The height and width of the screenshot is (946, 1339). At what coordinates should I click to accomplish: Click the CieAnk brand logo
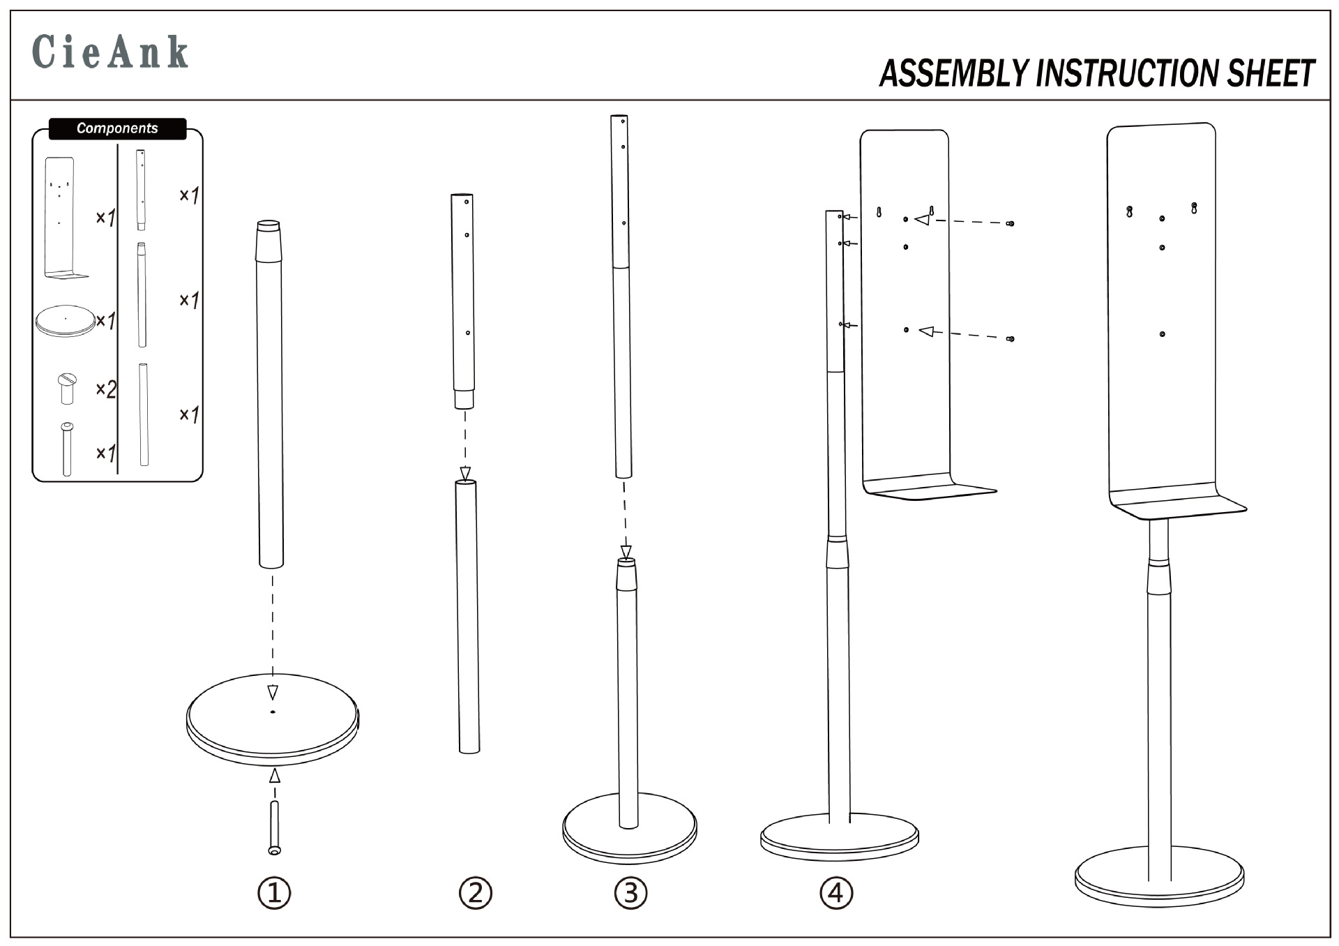click(110, 52)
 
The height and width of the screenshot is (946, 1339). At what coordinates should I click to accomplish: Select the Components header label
click(117, 128)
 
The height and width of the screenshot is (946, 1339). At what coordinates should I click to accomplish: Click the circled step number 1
click(274, 892)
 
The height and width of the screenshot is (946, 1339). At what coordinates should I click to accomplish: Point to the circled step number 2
click(476, 892)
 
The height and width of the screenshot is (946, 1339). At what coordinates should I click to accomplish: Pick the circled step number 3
click(630, 892)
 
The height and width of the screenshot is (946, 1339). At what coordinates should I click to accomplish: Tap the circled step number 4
click(836, 892)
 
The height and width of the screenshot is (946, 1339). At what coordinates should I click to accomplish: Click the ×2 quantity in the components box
click(105, 389)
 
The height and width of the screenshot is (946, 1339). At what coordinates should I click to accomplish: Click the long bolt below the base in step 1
click(274, 827)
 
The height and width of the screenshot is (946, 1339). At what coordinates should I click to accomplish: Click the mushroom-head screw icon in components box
click(67, 388)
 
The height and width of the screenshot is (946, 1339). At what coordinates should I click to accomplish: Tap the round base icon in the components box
click(65, 321)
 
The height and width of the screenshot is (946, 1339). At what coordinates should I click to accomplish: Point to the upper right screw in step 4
click(1010, 224)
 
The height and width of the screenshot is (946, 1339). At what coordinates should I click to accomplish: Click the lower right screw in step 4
click(1010, 339)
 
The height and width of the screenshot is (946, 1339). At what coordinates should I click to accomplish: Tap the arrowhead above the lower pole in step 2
click(465, 473)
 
